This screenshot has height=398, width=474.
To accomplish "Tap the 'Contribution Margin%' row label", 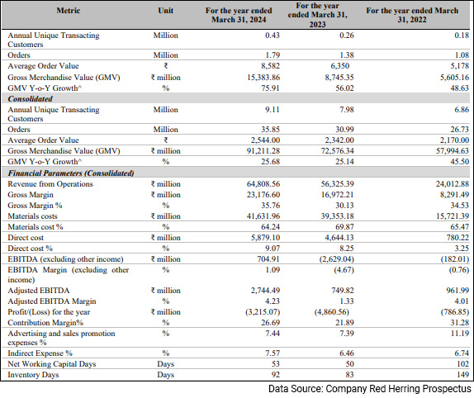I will click(46, 321).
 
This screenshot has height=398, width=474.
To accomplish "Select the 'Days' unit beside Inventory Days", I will click(165, 374).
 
